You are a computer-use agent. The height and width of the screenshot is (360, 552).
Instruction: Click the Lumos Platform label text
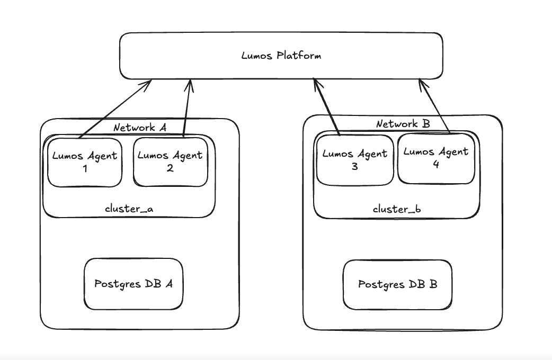[x=281, y=56]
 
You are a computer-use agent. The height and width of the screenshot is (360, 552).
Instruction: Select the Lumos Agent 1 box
[x=85, y=161]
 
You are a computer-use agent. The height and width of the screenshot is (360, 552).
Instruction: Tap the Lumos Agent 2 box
[x=170, y=161]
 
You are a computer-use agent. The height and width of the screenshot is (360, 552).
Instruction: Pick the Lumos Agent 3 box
[x=354, y=160]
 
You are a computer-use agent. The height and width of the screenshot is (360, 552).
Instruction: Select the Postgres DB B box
[x=397, y=284]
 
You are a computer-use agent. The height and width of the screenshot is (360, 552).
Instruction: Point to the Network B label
[x=403, y=124]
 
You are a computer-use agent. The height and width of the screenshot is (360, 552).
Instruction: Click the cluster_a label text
[x=129, y=208]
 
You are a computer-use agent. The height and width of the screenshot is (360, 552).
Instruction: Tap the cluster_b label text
[x=397, y=209]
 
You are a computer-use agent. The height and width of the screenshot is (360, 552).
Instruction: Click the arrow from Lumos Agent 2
[x=188, y=109]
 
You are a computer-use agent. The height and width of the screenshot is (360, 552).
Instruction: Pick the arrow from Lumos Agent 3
[x=327, y=106]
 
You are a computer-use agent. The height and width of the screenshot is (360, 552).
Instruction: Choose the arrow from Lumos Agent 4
[x=434, y=106]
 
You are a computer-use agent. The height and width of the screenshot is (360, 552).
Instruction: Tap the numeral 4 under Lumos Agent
[x=435, y=164]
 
